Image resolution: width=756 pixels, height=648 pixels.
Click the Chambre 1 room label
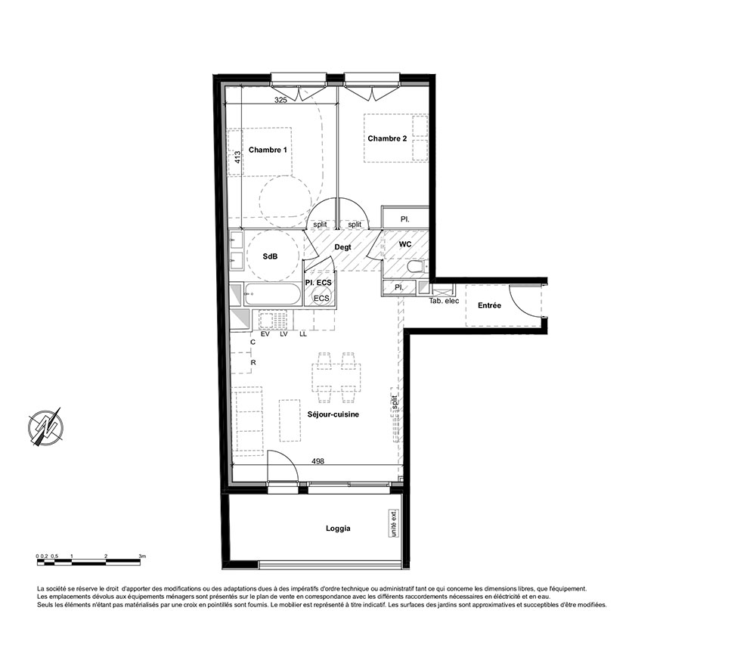click(x=268, y=150)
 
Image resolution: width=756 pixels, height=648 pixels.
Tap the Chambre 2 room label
click(x=387, y=138)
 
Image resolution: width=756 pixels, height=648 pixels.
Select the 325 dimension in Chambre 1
click(x=280, y=101)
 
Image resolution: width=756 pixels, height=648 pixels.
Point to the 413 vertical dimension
click(x=237, y=157)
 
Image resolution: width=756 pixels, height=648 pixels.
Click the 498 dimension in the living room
click(x=318, y=461)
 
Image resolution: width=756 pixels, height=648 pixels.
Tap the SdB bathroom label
click(x=270, y=256)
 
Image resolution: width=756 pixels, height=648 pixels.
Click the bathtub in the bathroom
click(x=273, y=294)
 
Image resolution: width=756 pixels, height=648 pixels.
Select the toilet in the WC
click(x=416, y=267)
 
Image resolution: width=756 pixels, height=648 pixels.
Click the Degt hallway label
click(x=342, y=247)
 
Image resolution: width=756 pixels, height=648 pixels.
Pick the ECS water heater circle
click(x=321, y=298)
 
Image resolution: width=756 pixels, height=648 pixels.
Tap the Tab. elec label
click(x=444, y=301)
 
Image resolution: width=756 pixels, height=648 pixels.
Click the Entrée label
click(x=489, y=305)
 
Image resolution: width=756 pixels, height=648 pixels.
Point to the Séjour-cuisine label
click(x=333, y=414)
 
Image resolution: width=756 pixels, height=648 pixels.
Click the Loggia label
click(x=338, y=529)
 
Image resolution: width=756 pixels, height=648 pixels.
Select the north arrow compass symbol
click(x=46, y=426)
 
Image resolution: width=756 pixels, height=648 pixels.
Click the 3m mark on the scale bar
click(x=142, y=556)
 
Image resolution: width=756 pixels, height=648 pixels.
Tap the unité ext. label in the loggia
click(x=395, y=523)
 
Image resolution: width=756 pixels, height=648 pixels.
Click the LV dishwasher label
click(x=283, y=333)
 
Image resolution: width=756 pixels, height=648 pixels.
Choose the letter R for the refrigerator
click(x=253, y=363)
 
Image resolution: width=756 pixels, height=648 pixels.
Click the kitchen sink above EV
click(x=265, y=320)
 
